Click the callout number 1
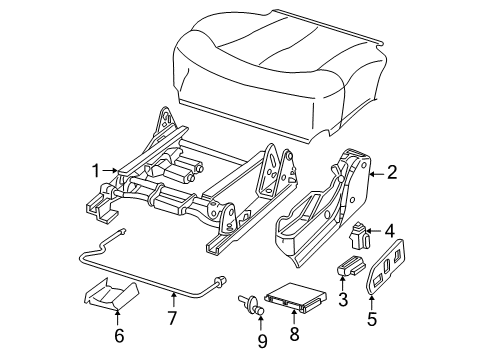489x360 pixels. [x=96, y=171]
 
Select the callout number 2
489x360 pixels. [x=392, y=171]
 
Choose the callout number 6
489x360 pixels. [x=118, y=336]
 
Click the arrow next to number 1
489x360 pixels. [x=112, y=171]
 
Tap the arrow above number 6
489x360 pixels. [x=118, y=315]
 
